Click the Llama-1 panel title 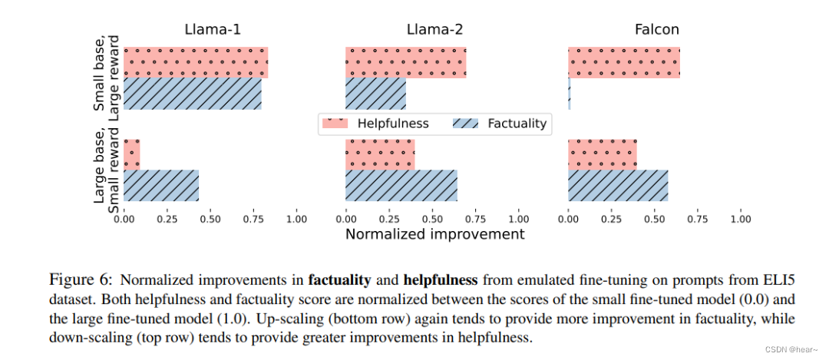pyautogui.click(x=213, y=30)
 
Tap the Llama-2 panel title pyautogui.click(x=434, y=30)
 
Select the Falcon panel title pyautogui.click(x=656, y=30)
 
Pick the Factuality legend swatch pyautogui.click(x=465, y=124)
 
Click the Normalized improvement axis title pyautogui.click(x=434, y=233)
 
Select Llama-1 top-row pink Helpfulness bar pyautogui.click(x=196, y=62)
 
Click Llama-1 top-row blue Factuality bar pyautogui.click(x=193, y=94)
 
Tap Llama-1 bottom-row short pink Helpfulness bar pyautogui.click(x=132, y=154)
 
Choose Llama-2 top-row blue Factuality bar pyautogui.click(x=376, y=94)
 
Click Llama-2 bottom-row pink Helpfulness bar pyautogui.click(x=380, y=154)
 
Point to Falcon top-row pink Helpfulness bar pyautogui.click(x=624, y=62)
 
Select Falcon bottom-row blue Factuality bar pyautogui.click(x=618, y=186)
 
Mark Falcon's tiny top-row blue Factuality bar pyautogui.click(x=570, y=94)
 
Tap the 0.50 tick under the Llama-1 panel pyautogui.click(x=210, y=217)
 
